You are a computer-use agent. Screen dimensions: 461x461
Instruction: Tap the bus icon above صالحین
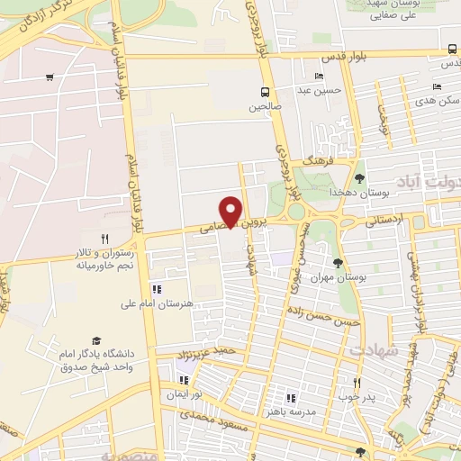point(265,91)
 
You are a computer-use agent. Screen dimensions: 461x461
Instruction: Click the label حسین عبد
point(321,89)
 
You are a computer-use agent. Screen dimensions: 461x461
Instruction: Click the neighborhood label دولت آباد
point(430,185)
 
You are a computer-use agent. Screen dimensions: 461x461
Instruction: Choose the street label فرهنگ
point(320,160)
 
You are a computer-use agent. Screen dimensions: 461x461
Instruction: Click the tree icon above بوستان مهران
point(338,262)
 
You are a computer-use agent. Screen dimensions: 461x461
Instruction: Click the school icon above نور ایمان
point(184,379)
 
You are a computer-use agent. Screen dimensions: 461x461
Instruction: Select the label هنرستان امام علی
point(158,304)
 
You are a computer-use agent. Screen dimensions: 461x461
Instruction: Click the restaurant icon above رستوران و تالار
point(104,239)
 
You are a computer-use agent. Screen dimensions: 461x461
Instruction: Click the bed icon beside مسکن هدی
point(437,87)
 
